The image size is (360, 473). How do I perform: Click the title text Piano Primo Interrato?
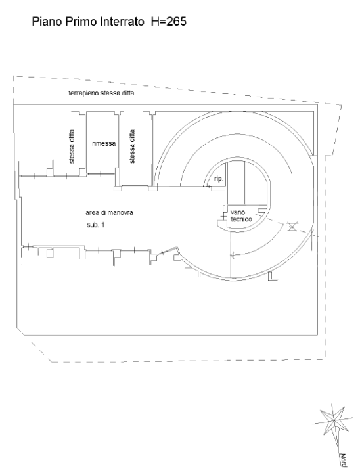[x=88, y=22]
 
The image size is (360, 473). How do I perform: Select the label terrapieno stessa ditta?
[x=101, y=93]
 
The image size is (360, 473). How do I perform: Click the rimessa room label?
[x=104, y=144]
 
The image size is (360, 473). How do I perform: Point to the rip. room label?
[x=219, y=179]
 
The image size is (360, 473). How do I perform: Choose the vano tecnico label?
[x=241, y=215]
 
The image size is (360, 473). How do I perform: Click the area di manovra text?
[x=109, y=212]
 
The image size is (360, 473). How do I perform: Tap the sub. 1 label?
[x=96, y=225]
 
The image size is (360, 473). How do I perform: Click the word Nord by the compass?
[x=343, y=460]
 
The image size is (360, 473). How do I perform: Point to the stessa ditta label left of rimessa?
[x=72, y=146]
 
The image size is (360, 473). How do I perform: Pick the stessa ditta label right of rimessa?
[x=132, y=146]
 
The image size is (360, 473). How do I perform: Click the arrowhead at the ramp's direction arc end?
[x=231, y=255]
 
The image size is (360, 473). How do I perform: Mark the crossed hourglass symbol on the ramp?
[x=292, y=226]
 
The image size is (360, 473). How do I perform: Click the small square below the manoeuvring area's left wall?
[x=50, y=253]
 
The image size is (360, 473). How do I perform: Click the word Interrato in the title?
[x=122, y=22]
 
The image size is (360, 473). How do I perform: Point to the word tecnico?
[x=241, y=219]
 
